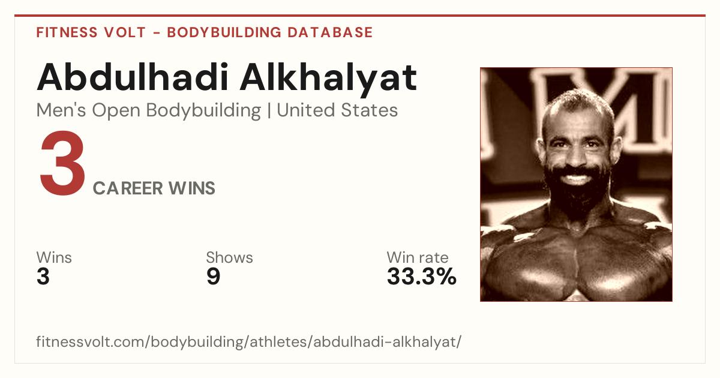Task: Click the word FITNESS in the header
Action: point(67,32)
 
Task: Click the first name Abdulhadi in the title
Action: point(133,77)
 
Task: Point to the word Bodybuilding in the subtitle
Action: point(203,111)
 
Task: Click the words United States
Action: point(337,110)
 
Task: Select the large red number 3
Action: point(62,163)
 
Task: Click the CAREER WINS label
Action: point(154,188)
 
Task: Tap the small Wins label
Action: point(54,257)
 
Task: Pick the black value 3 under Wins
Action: point(43,277)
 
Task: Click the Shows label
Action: point(229,257)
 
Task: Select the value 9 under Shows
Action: point(213,277)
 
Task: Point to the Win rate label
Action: point(418,257)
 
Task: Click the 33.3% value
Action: point(421,277)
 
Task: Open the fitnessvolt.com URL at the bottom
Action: point(249,341)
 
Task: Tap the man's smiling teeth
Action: point(577,178)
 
